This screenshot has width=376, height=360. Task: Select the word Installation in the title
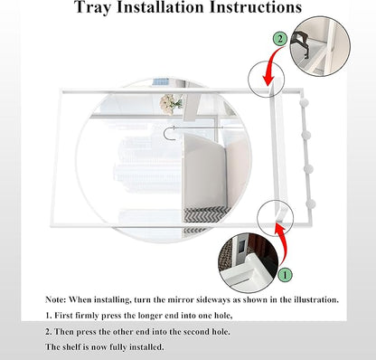tap(160, 6)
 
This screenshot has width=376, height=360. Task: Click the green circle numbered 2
tap(280, 39)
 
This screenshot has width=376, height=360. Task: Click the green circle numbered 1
tap(285, 275)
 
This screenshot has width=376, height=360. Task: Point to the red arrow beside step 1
tap(283, 244)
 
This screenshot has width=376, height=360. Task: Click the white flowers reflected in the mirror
tap(171, 104)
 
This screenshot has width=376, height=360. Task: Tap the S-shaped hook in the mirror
tap(170, 133)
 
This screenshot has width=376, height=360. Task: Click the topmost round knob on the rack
tap(304, 103)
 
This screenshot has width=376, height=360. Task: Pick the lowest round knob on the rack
tap(310, 204)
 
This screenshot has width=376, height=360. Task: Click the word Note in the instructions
tap(55, 299)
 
